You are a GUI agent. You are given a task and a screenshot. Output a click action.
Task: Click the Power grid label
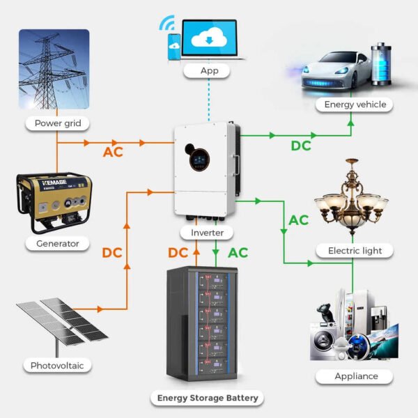click(58, 124)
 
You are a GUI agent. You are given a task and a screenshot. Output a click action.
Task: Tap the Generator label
click(58, 244)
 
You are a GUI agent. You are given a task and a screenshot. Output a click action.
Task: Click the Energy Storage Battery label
click(207, 398)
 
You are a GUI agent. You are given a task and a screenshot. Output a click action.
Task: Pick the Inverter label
click(207, 233)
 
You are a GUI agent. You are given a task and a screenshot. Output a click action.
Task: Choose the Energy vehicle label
click(355, 104)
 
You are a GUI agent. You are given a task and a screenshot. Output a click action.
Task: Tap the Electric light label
click(355, 250)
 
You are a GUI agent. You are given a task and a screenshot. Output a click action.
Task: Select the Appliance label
click(356, 376)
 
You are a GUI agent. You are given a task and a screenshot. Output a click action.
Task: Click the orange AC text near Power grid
click(113, 152)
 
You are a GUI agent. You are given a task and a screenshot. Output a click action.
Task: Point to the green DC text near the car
click(301, 146)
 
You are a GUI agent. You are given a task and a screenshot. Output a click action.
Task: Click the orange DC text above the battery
click(178, 253)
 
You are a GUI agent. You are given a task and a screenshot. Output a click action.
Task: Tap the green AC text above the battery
click(238, 253)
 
